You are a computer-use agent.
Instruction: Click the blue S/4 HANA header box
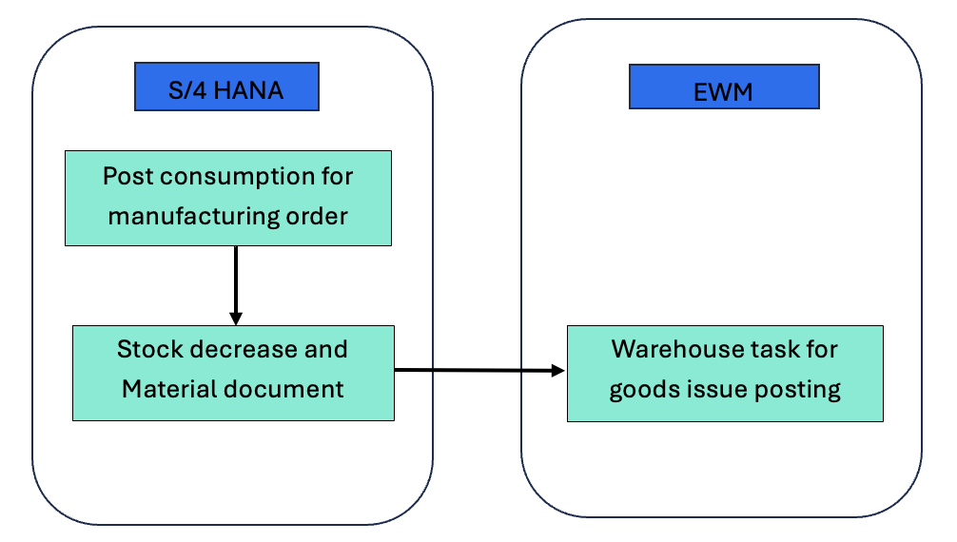click(225, 87)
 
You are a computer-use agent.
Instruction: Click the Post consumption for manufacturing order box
click(227, 198)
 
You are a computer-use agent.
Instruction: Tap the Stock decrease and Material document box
click(233, 373)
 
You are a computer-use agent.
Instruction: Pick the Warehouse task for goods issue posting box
click(725, 373)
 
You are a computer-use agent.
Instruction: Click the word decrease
click(243, 349)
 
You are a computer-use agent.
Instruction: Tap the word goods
click(641, 390)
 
